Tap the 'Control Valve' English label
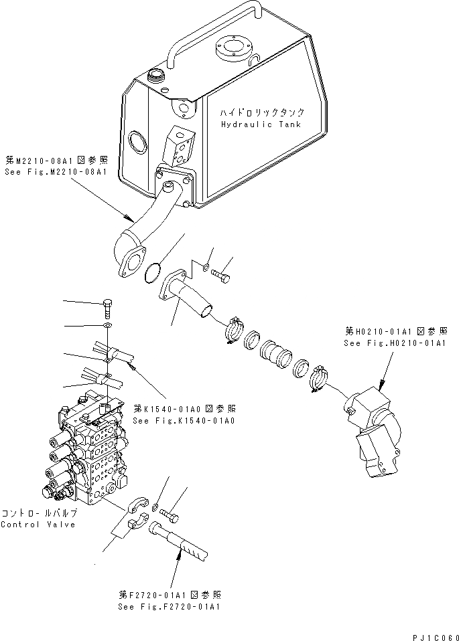coord(39,524)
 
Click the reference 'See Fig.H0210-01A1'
coord(395,343)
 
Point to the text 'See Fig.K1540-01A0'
coord(184,420)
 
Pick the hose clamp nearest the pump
coord(318,378)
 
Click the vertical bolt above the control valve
coord(108,310)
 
